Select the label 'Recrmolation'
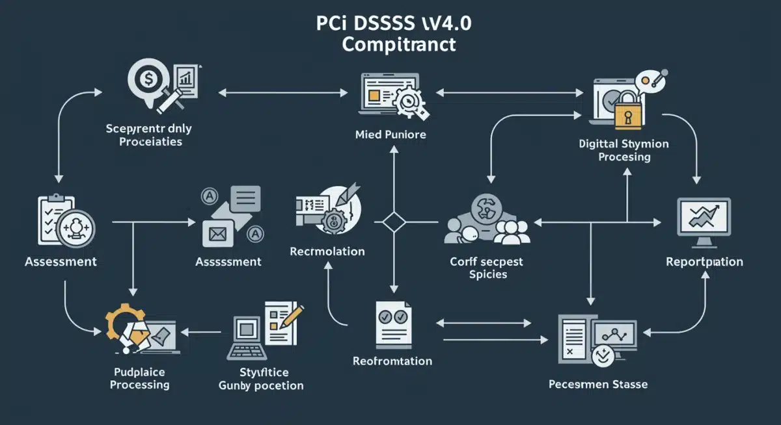click(x=327, y=251)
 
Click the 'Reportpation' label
click(x=704, y=262)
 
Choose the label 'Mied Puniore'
click(x=391, y=135)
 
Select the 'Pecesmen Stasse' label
click(x=597, y=384)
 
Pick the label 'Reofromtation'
click(x=392, y=361)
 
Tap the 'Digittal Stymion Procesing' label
click(x=623, y=150)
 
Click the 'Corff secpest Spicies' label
click(x=487, y=268)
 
